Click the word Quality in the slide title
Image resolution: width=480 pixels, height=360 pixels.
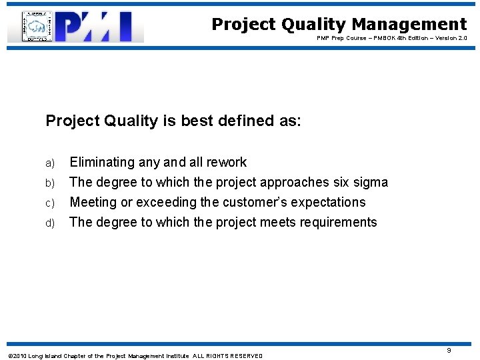tap(313, 25)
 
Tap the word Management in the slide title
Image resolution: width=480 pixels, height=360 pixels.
tap(409, 25)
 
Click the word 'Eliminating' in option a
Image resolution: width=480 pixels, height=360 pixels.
tap(102, 162)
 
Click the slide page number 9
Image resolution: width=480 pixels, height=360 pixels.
tap(467, 350)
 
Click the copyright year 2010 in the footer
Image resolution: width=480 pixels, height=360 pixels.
tap(19, 356)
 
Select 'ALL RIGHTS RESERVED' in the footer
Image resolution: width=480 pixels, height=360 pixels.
tap(228, 356)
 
